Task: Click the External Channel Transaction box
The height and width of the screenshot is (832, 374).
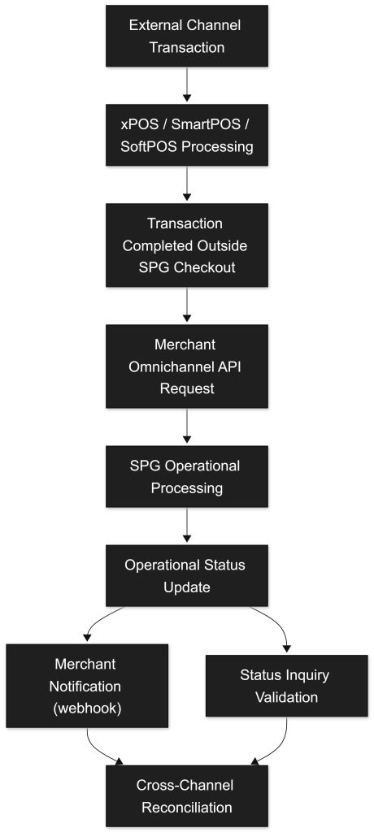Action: pyautogui.click(x=186, y=36)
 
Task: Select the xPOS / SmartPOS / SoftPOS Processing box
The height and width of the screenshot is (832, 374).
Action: pyautogui.click(x=186, y=135)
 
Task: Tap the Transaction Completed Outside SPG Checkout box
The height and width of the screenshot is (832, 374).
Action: pyautogui.click(x=186, y=245)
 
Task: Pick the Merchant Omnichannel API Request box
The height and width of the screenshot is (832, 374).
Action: pyautogui.click(x=186, y=366)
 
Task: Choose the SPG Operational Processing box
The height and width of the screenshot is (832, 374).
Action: pyautogui.click(x=186, y=476)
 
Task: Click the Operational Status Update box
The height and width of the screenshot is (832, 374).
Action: pyautogui.click(x=186, y=576)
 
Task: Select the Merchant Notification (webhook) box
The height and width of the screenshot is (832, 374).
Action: pyautogui.click(x=87, y=686)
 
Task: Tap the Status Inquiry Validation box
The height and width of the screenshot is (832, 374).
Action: pyautogui.click(x=286, y=686)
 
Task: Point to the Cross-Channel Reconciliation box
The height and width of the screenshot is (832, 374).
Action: pyautogui.click(x=186, y=796)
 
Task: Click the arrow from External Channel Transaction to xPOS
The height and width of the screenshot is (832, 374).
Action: pyautogui.click(x=186, y=84)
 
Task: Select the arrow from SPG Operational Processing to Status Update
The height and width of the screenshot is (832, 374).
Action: pyautogui.click(x=186, y=526)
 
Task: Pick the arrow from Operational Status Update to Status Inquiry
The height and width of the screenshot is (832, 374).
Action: pyautogui.click(x=275, y=621)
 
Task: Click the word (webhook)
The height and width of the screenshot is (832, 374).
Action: pyautogui.click(x=87, y=708)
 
